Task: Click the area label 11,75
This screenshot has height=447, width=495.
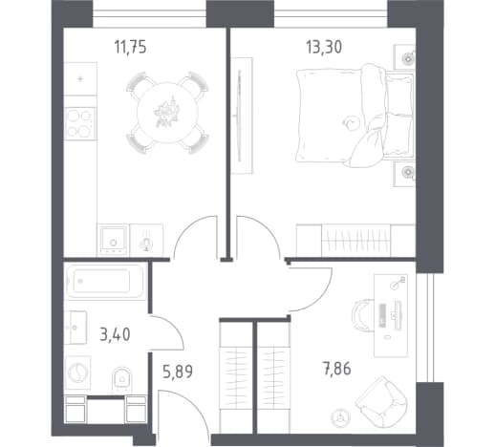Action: (131, 48)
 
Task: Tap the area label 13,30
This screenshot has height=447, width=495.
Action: (324, 47)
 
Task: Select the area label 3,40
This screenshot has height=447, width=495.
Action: (115, 335)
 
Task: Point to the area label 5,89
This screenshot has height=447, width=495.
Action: (178, 372)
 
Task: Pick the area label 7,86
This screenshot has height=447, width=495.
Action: (337, 369)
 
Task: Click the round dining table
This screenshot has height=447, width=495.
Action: (167, 113)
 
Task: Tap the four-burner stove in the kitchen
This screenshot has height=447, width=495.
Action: (80, 123)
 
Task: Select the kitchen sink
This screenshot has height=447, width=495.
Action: (113, 240)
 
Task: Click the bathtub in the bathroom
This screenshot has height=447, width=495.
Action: (106, 281)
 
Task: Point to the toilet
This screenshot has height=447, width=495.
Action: (121, 380)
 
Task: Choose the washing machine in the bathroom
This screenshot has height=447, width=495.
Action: (77, 372)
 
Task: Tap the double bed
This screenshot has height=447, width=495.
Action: (355, 116)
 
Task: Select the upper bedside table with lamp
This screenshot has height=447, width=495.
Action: (404, 56)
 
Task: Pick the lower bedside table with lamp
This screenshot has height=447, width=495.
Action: (404, 174)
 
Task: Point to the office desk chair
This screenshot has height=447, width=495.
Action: (363, 316)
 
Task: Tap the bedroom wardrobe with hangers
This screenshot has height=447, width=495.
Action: (355, 240)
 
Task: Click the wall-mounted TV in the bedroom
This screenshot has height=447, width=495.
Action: (239, 116)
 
